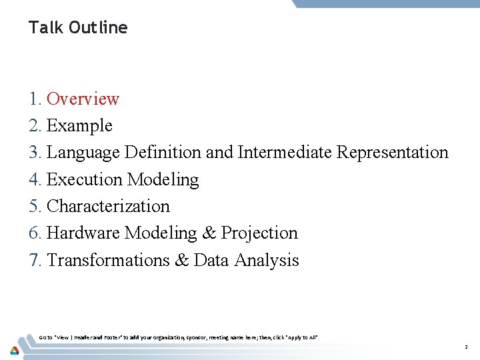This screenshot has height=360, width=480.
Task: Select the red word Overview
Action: click(83, 99)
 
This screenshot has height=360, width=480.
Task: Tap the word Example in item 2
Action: click(79, 125)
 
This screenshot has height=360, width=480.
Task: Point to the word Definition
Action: click(163, 153)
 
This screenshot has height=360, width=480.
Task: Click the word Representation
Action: click(393, 153)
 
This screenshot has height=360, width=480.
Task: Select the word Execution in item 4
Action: click(85, 179)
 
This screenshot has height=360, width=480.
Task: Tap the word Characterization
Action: click(108, 206)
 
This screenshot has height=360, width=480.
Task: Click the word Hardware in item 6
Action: click(84, 233)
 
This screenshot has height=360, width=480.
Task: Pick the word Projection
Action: click(259, 233)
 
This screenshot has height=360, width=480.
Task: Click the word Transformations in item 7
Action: click(108, 260)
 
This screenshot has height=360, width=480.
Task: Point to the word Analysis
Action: click(266, 260)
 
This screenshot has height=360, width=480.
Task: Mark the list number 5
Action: click(35, 206)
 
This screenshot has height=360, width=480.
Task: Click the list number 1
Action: click(35, 99)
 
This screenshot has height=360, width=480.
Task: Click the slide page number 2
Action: click(466, 347)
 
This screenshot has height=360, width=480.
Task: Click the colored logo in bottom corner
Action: click(14, 349)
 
